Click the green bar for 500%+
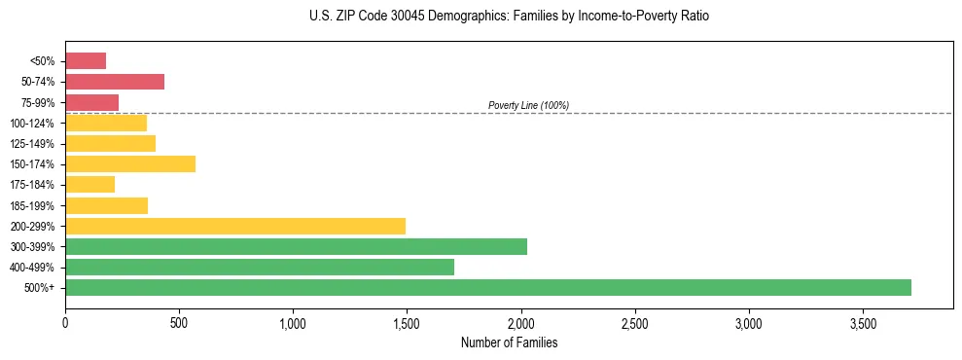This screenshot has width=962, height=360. pyautogui.click(x=487, y=287)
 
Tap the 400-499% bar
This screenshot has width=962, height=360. pyautogui.click(x=260, y=267)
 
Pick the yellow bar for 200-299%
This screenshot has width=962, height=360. pyautogui.click(x=234, y=226)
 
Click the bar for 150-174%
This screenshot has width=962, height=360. pyautogui.click(x=130, y=163)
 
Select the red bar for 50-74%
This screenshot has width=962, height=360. pyautogui.click(x=115, y=82)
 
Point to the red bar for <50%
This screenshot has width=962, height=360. pyautogui.click(x=86, y=61)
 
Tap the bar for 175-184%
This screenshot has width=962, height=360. pyautogui.click(x=89, y=184)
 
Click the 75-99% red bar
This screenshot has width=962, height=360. pyautogui.click(x=91, y=102)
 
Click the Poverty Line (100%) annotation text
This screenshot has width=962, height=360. pyautogui.click(x=528, y=105)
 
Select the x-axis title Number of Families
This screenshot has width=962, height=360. pyautogui.click(x=509, y=342)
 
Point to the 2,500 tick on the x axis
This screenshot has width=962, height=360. pyautogui.click(x=635, y=323)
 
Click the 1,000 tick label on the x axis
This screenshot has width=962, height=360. pyautogui.click(x=293, y=323)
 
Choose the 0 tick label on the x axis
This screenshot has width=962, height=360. pyautogui.click(x=65, y=323)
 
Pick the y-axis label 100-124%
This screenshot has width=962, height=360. pyautogui.click(x=32, y=124)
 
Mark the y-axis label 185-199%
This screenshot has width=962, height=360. pyautogui.click(x=32, y=205)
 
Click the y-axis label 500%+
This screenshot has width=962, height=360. pyautogui.click(x=40, y=288)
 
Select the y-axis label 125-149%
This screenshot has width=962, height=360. pyautogui.click(x=32, y=144)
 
